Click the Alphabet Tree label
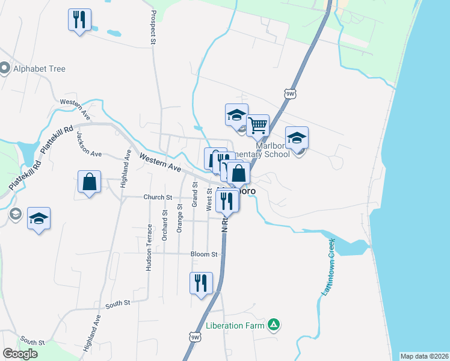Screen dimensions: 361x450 pyautogui.click(x=40, y=69)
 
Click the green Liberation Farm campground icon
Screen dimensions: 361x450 pyautogui.click(x=273, y=325)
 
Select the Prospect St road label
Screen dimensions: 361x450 pyautogui.click(x=153, y=28)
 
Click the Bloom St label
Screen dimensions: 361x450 pyautogui.click(x=204, y=255)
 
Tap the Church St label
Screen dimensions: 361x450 pyautogui.click(x=158, y=197)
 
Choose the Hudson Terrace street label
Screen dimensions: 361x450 pyautogui.click(x=149, y=247)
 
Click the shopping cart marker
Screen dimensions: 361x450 pyautogui.click(x=257, y=126)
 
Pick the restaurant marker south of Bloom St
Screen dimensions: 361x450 pyautogui.click(x=201, y=283)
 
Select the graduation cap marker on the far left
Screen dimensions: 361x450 pyautogui.click(x=39, y=218)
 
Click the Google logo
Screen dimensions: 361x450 pyautogui.click(x=20, y=354)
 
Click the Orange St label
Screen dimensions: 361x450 pyautogui.click(x=179, y=218)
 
